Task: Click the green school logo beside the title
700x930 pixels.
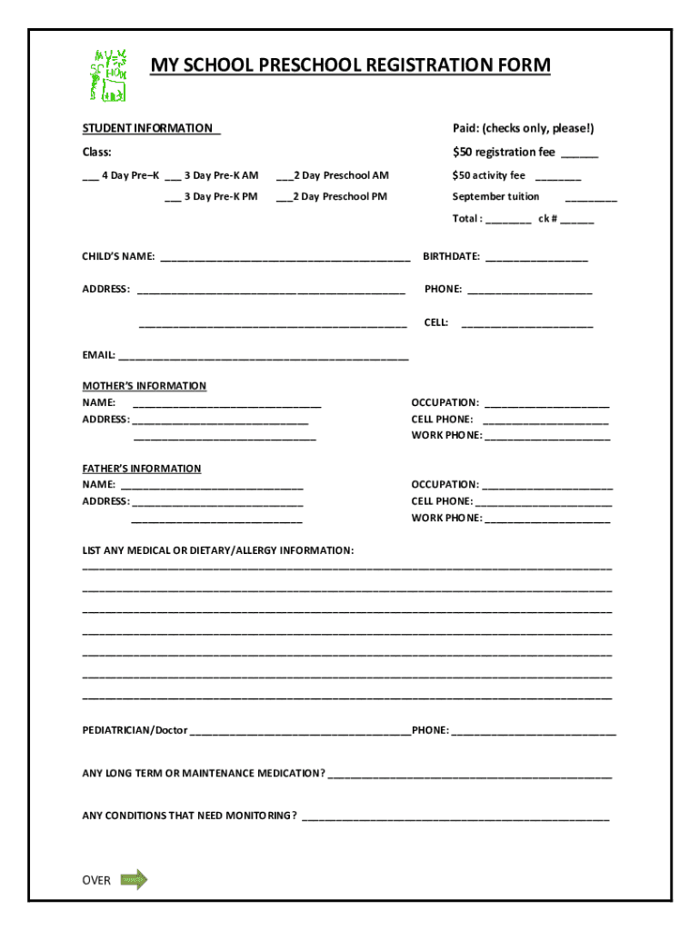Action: point(107,74)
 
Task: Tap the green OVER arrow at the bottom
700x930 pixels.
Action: point(133,879)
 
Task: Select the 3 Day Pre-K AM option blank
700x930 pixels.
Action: point(173,176)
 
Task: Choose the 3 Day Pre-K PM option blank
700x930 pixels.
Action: point(173,197)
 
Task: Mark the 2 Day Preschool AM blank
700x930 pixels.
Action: point(284,176)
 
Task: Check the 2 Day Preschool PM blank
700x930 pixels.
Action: point(284,197)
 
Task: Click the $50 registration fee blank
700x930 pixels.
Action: point(579,153)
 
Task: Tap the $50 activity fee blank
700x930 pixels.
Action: point(557,176)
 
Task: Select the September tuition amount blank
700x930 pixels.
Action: point(590,198)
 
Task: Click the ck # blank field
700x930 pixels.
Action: point(577,220)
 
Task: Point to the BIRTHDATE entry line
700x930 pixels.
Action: point(536,258)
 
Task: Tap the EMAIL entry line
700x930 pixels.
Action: point(264,356)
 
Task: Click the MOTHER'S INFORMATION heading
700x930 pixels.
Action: point(145,386)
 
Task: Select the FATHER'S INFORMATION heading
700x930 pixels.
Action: point(142,469)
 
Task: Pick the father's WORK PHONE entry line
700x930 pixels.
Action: point(547,519)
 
